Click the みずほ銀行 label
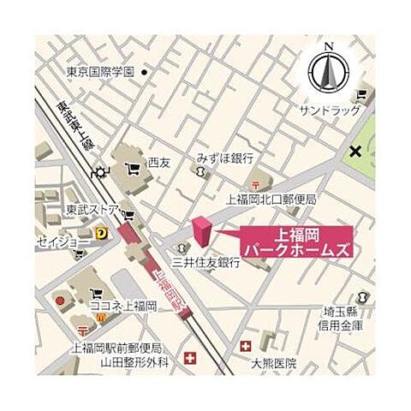click(224, 158)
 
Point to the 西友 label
click(159, 161)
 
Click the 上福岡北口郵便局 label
click(271, 200)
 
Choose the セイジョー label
click(63, 242)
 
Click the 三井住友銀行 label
click(205, 263)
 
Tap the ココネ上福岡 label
click(125, 306)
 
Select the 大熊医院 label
click(273, 363)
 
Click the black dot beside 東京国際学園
click(146, 72)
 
